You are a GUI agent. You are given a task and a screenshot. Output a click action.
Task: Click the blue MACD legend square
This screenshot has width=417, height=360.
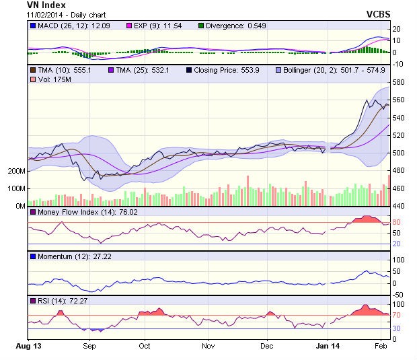33,26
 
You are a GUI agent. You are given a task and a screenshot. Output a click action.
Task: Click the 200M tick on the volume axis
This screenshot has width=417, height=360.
15,171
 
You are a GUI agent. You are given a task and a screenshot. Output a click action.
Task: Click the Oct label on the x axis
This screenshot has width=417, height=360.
145,346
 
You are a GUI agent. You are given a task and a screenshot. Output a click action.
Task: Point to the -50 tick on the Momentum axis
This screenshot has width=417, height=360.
398,295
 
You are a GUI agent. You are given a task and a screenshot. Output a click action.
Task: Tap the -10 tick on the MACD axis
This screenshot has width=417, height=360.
398,64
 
